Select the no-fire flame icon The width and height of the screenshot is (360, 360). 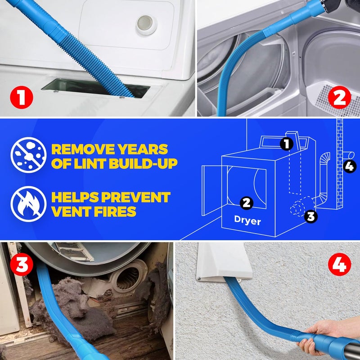tap(28, 203)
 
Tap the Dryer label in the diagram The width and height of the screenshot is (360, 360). tap(247, 221)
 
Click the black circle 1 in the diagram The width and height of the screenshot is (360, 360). tap(286, 144)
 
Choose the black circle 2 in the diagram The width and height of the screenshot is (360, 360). tap(246, 202)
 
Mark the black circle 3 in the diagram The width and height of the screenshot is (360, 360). tap(310, 216)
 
